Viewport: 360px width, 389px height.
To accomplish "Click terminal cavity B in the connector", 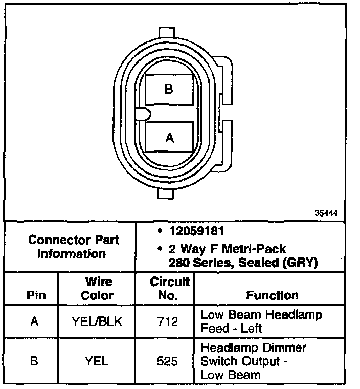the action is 169,90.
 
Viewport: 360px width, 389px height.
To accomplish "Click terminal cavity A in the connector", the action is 169,137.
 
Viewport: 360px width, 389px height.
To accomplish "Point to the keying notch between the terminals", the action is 143,113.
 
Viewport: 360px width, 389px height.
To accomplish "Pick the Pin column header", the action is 35,295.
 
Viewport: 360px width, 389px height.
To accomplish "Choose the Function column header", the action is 272,295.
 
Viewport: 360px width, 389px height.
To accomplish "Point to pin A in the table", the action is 34,321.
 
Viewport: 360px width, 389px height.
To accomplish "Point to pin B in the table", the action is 34,361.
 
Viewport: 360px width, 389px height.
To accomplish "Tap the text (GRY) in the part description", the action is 302,263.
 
